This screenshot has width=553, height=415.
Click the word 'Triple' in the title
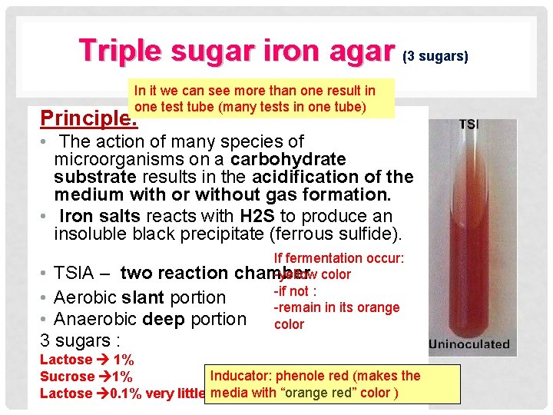click(x=120, y=51)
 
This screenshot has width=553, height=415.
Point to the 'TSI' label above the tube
click(x=472, y=124)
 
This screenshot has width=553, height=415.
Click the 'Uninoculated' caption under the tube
click(x=469, y=344)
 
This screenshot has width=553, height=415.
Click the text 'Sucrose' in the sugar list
click(x=67, y=377)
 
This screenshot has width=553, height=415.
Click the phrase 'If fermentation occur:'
click(x=339, y=259)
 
